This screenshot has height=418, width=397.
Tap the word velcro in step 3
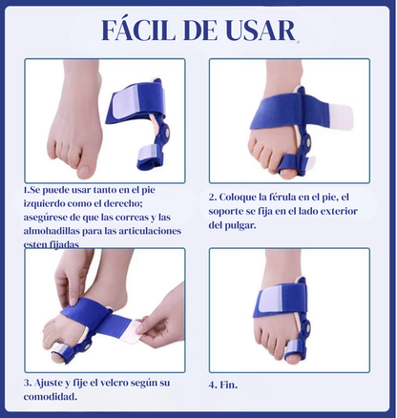tap(115, 383)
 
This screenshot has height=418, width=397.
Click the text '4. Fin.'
tap(223, 385)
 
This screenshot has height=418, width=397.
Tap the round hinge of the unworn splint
tap(165, 130)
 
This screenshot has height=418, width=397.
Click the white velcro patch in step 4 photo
tap(271, 299)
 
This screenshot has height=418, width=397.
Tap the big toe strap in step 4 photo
tap(297, 348)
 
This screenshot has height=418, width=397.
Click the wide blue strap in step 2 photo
tap(286, 113)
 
